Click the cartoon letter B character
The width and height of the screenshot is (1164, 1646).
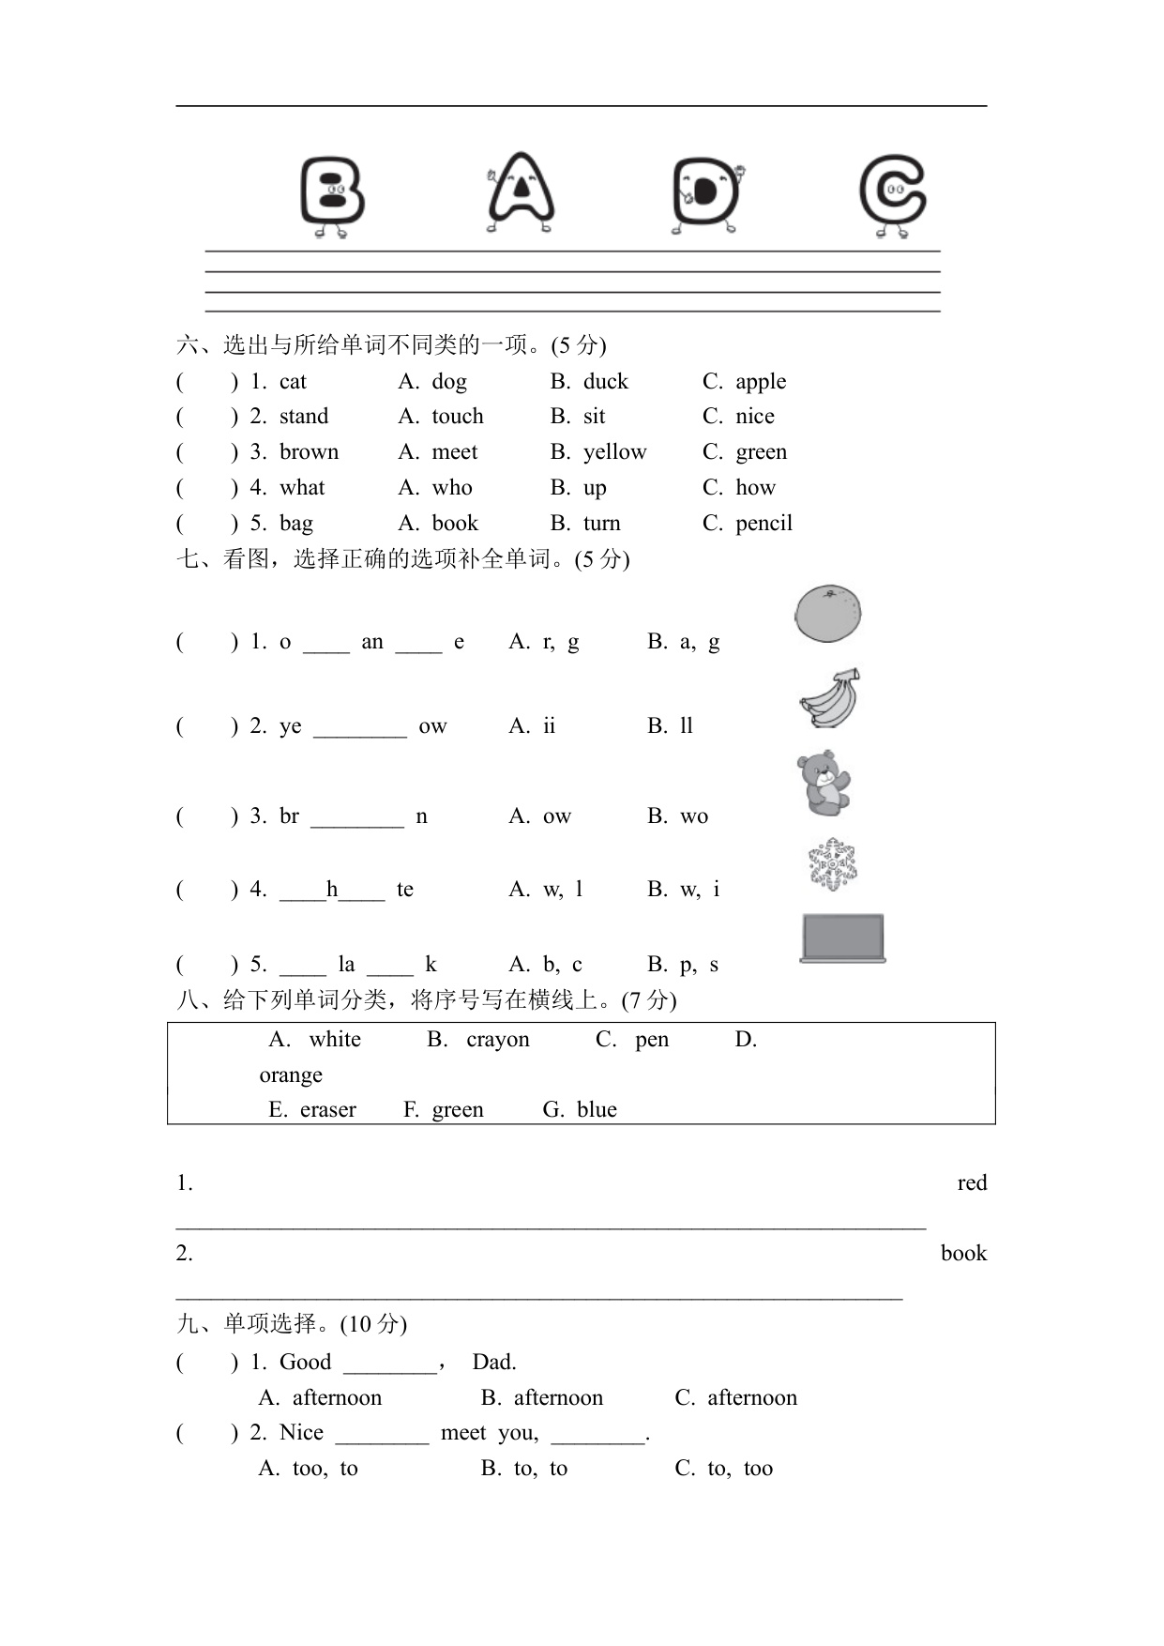pos(332,195)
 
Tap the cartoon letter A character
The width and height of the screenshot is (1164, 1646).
pos(521,192)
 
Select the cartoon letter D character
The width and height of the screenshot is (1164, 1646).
pos(706,195)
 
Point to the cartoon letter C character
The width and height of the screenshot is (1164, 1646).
pos(893,195)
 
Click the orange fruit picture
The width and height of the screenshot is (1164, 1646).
pos(827,614)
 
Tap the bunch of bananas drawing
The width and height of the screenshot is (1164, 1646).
pos(830,698)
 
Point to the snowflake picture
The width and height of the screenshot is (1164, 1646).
pos(832,864)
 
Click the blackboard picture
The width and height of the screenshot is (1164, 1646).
pos(842,937)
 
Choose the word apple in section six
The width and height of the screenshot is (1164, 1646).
pos(761,381)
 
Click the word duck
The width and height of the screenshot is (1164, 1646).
pos(605,381)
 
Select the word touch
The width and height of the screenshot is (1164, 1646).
pos(458,416)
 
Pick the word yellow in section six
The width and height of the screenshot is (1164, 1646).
pos(614,451)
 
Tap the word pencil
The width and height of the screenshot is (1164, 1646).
pos(763,523)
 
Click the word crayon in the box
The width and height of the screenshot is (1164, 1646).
pos(497,1039)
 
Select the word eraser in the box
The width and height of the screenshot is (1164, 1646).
pos(327,1109)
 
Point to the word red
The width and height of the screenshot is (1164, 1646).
pos(972,1182)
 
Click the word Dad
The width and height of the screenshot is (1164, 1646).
pos(494,1362)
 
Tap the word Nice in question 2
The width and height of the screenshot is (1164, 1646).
pos(301,1432)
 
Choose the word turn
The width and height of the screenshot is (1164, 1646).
pos(601,523)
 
